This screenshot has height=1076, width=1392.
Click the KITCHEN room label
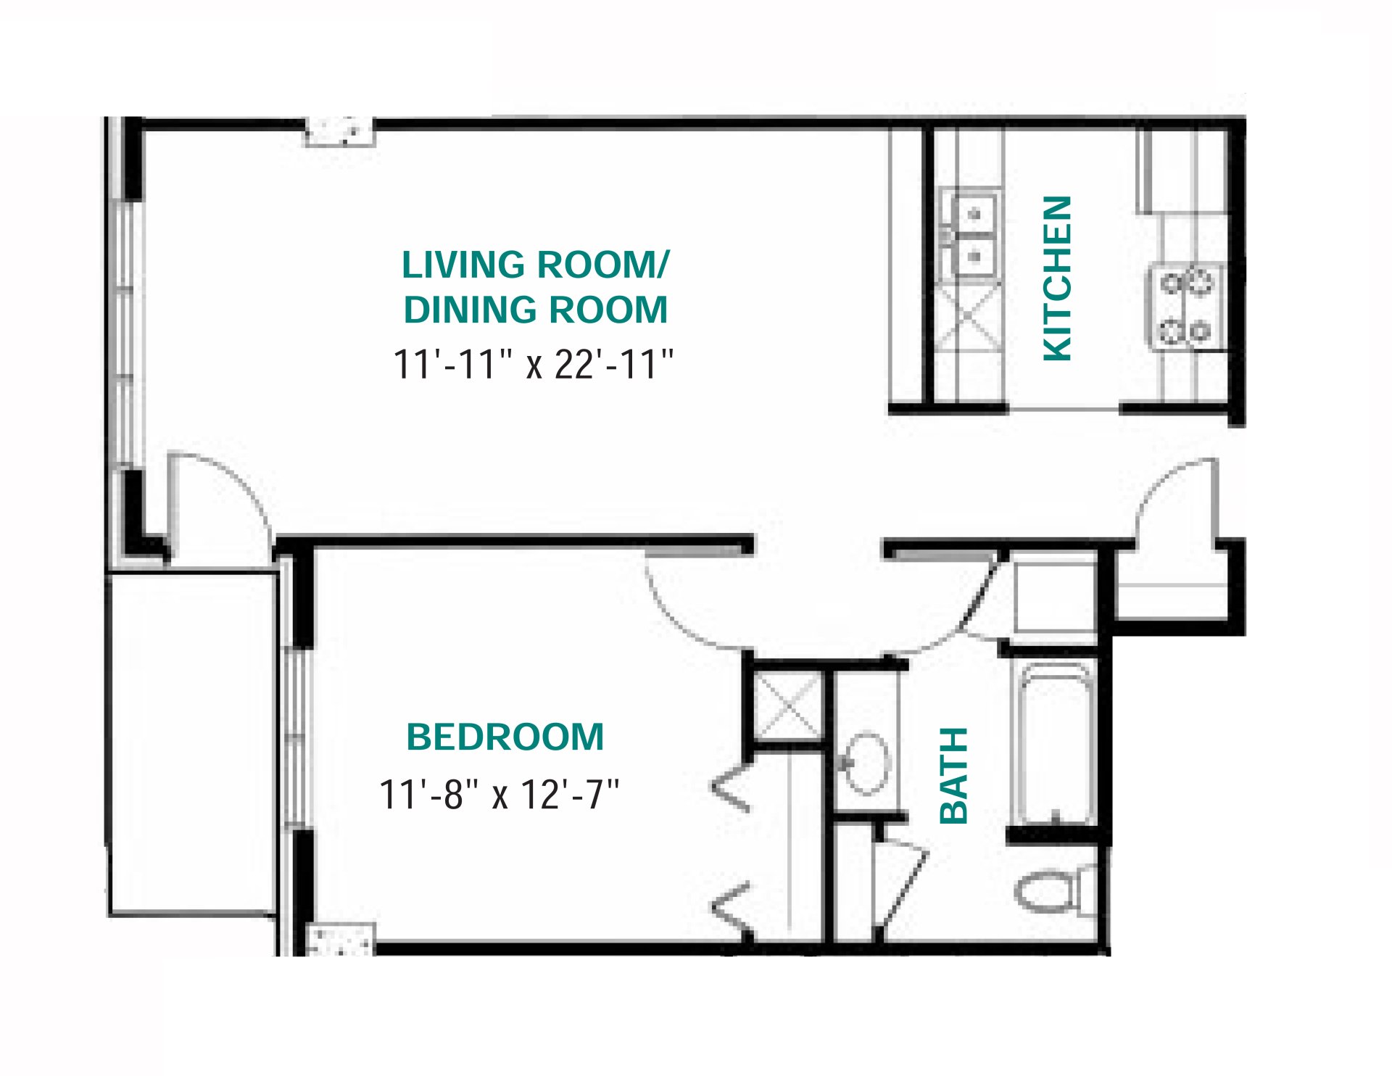click(1057, 278)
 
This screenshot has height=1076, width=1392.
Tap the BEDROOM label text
click(505, 737)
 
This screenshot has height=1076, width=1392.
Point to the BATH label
click(954, 775)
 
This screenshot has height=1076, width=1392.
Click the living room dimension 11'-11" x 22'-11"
click(533, 364)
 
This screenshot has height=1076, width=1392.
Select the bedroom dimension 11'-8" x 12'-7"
click(499, 795)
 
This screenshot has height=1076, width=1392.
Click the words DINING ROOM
click(535, 310)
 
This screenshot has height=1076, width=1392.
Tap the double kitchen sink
click(970, 235)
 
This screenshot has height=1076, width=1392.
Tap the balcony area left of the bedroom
click(192, 743)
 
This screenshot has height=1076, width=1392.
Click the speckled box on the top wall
click(339, 131)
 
